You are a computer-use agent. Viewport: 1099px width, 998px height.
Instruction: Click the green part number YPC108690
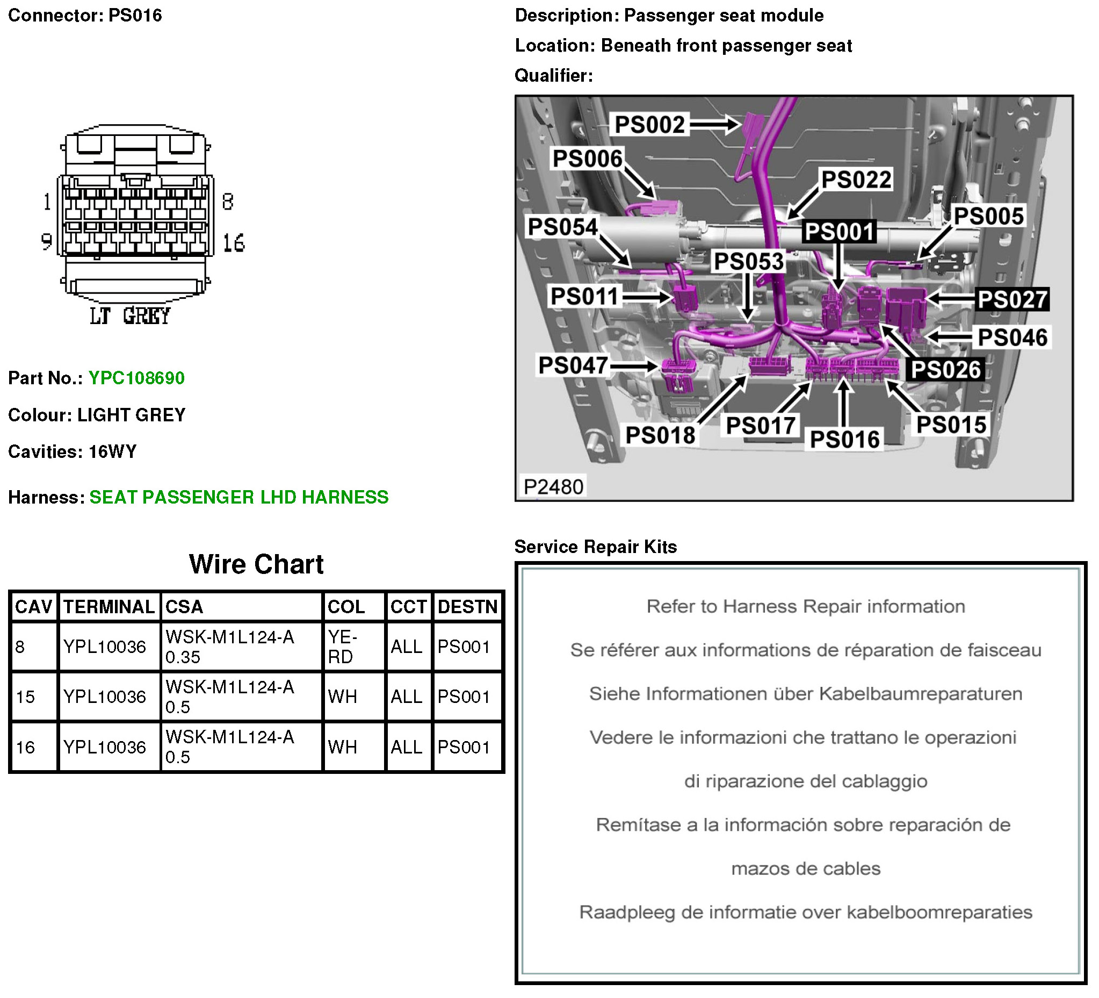136,378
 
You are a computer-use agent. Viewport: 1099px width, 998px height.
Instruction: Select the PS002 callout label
649,124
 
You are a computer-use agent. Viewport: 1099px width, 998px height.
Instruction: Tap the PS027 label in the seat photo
1012,299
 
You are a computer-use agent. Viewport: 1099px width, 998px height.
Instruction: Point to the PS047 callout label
573,365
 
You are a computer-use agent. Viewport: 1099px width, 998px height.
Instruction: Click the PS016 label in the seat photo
844,439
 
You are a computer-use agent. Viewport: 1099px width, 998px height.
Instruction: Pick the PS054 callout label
562,226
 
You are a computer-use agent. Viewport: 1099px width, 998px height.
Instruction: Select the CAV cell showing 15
26,697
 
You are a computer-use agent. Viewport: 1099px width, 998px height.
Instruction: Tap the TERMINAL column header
109,606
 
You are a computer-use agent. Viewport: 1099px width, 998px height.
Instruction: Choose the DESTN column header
467,606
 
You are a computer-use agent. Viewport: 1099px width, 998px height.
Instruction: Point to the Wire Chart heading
256,564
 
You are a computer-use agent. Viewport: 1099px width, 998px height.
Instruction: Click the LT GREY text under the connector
131,316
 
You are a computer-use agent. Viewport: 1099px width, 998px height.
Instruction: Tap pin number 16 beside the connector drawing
234,243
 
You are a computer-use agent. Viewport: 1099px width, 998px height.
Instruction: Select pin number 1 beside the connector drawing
47,202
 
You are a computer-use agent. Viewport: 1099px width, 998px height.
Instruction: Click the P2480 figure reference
553,486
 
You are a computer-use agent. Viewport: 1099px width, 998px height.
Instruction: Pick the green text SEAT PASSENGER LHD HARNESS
239,497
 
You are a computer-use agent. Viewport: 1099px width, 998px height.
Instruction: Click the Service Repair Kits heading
595,547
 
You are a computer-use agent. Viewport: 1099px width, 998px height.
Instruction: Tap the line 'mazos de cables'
805,868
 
